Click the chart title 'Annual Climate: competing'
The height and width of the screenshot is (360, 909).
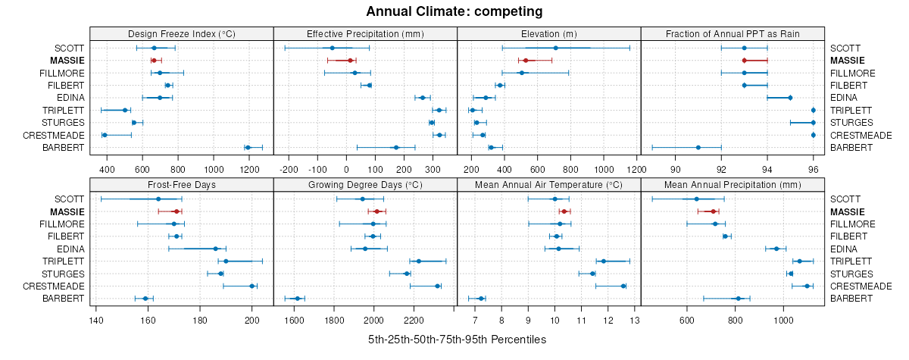454,11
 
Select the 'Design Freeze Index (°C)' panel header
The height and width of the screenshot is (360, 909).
181,33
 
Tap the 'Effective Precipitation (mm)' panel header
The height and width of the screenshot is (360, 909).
365,33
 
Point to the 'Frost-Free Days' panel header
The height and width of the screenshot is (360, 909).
181,184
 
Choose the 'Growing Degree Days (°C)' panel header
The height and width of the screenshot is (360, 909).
365,184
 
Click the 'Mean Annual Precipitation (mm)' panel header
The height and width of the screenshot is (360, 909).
732,184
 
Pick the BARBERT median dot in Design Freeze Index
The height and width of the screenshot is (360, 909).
247,147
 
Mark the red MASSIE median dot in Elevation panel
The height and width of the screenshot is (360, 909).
525,60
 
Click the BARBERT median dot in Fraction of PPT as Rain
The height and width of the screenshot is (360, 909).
698,147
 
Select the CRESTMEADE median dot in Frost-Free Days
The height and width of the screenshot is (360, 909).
252,286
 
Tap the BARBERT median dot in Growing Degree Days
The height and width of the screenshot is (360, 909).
297,299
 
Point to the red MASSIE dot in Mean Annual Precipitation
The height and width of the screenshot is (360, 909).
713,211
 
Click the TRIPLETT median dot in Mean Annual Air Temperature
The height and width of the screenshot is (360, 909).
604,261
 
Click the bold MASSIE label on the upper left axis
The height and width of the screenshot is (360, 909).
67,60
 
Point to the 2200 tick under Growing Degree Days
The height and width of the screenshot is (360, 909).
414,319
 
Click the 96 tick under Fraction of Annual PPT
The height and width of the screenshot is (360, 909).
813,168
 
